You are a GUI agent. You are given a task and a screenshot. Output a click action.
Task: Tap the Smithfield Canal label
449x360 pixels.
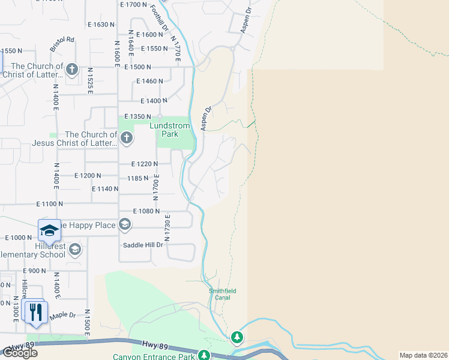click(222, 294)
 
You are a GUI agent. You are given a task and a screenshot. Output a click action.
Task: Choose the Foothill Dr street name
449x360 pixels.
click(161, 17)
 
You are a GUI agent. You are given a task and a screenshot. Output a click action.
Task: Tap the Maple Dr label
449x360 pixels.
click(63, 315)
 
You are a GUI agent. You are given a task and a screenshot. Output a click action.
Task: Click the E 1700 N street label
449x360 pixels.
click(134, 5)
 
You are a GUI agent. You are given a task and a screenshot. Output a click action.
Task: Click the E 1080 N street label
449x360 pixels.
click(146, 211)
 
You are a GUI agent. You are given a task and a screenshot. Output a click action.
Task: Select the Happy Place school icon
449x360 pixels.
click(124, 225)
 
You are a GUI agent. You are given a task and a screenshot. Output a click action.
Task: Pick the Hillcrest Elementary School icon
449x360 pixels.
click(74, 249)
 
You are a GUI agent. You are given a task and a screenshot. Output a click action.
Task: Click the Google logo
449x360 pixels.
click(19, 352)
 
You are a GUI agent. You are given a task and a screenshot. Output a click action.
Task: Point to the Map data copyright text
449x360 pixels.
click(424, 355)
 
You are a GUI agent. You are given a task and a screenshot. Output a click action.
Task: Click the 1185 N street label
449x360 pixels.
click(137, 178)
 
